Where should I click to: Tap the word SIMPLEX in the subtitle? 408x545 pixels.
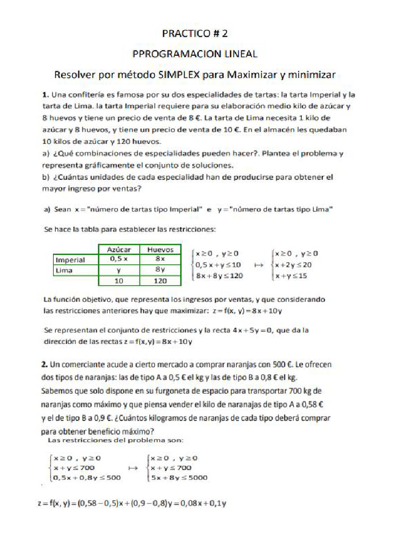point(178,75)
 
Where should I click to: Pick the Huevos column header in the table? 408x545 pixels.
point(160,249)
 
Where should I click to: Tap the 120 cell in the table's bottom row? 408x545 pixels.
point(160,281)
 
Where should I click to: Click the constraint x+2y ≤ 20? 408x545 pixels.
point(293,265)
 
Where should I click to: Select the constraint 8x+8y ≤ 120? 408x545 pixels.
point(218,276)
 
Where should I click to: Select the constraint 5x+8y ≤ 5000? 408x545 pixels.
point(178,477)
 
